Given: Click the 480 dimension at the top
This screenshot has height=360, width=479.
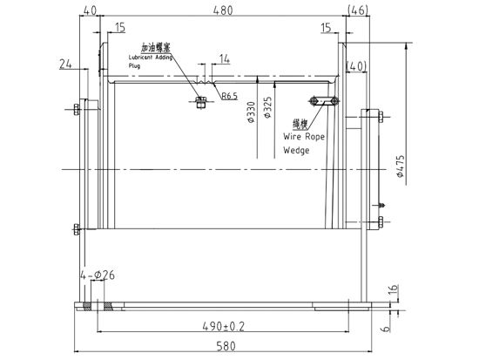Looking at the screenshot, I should click(x=226, y=11).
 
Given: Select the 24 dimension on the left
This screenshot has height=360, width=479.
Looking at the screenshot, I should click(x=64, y=62).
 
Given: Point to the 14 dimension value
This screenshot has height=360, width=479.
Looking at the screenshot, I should click(x=224, y=59).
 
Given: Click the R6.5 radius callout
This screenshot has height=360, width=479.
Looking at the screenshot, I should click(x=230, y=95).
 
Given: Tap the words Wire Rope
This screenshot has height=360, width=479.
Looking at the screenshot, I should click(x=304, y=137).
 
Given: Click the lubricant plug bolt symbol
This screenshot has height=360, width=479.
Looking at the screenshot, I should click(x=199, y=102).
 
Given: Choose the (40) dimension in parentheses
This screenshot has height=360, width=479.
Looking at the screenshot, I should click(x=358, y=66).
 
